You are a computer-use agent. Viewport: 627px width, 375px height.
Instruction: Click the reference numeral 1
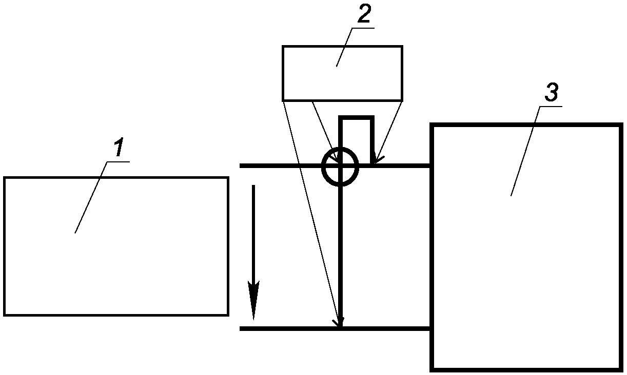(119, 148)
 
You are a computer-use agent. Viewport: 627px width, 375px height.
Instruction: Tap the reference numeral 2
(363, 15)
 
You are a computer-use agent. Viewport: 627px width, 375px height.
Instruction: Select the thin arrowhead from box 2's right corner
(375, 160)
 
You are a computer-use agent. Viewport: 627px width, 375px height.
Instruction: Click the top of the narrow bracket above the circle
(356, 118)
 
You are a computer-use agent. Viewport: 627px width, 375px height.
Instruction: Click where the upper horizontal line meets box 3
(431, 165)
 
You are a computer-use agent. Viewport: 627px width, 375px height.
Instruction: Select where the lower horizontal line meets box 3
(431, 328)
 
